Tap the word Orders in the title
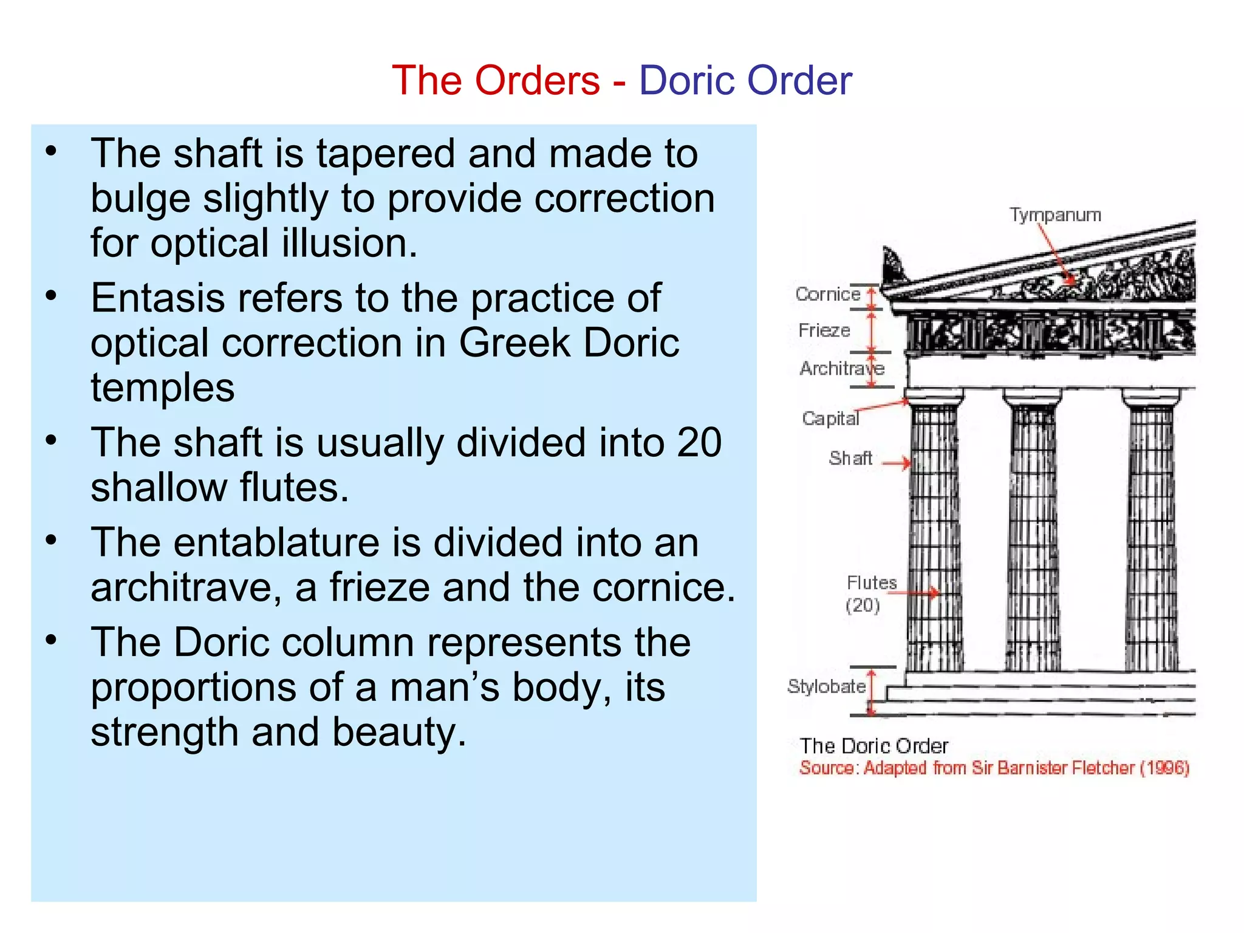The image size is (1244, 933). [x=538, y=80]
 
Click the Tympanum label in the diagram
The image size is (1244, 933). [x=1055, y=215]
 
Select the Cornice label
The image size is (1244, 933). [x=828, y=295]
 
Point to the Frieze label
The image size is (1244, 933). [x=824, y=330]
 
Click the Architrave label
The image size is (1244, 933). [x=841, y=368]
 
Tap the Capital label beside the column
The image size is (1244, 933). [x=830, y=419]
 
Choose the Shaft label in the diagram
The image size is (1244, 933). [x=850, y=458]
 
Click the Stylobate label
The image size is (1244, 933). [x=826, y=686]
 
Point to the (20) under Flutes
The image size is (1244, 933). [x=863, y=605]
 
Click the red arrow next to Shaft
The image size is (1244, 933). [x=897, y=463]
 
